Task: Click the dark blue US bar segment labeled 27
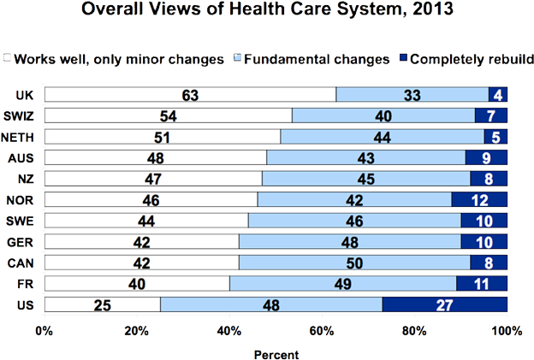coord(444,304)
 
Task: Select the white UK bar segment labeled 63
coord(189,94)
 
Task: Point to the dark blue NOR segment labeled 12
coord(479,199)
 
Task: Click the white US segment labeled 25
coord(102,304)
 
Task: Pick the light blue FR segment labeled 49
coord(342,283)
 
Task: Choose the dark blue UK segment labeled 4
coord(497,94)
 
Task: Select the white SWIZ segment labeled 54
coord(168,115)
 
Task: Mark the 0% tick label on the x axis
coord(44,329)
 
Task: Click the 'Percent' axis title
coord(276,351)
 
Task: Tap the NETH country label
coord(20,137)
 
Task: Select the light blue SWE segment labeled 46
coord(354,220)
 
